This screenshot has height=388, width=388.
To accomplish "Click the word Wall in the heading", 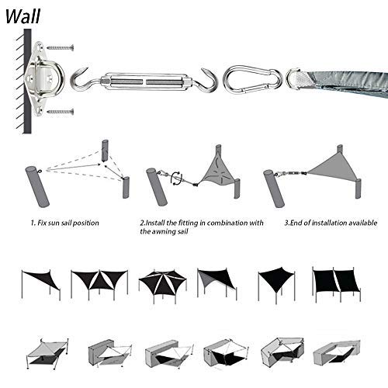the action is pos(23,16).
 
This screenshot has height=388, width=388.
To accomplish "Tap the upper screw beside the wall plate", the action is pos(60,47).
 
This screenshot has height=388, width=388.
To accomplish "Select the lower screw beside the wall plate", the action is pos(60,112).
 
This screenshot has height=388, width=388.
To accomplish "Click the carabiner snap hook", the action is pos(252,80).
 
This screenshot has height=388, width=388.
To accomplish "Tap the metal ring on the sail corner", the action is pos(291,79).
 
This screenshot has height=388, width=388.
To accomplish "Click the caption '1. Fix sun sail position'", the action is pos(64,223).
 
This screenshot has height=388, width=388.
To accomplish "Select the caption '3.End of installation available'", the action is pos(331,223).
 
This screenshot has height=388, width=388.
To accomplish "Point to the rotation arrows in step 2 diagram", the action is pos(176,178).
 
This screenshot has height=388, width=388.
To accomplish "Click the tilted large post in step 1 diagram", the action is pos(37,186).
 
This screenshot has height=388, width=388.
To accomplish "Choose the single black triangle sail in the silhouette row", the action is pos(41,280).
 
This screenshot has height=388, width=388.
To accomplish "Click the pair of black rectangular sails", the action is pos(336,281).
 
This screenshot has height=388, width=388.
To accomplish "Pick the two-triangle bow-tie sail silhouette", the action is pos(99,280).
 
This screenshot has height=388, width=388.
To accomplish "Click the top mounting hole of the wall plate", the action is pos(40,48).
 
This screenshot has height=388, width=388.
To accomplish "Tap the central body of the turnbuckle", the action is pos(146,82).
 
